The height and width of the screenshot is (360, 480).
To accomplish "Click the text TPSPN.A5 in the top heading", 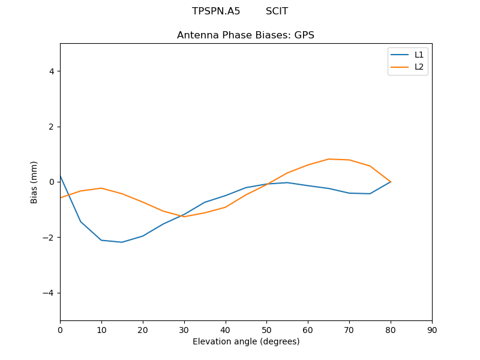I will (x=216, y=11).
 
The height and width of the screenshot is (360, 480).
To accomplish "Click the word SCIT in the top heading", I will (x=277, y=11).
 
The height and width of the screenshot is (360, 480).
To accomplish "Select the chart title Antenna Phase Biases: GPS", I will (x=245, y=35).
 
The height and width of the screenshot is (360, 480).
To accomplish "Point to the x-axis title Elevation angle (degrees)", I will (x=246, y=341).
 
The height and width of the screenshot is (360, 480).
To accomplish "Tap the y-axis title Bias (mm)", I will (x=34, y=182).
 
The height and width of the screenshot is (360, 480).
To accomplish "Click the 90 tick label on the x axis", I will (x=432, y=330).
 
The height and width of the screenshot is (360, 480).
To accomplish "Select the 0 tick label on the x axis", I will (x=60, y=330).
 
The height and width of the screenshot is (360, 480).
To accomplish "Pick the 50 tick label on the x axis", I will (x=266, y=330).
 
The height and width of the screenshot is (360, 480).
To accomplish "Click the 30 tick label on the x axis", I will (x=184, y=330).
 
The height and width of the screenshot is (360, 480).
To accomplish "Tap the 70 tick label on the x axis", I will (x=349, y=330).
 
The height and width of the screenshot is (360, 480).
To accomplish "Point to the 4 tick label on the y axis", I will (x=51, y=71).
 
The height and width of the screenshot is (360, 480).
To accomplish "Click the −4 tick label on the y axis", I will (x=49, y=293).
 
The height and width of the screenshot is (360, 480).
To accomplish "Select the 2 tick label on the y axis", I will (x=51, y=127).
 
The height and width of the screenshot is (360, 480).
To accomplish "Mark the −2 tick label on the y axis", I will (x=49, y=238).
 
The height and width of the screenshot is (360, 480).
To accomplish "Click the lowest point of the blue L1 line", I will (x=122, y=242).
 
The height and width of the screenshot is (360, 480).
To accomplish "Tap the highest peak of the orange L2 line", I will (x=329, y=159).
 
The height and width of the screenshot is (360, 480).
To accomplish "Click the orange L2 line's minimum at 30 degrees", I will (x=184, y=217).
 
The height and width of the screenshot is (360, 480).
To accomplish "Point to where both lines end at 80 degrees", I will (x=391, y=182).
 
